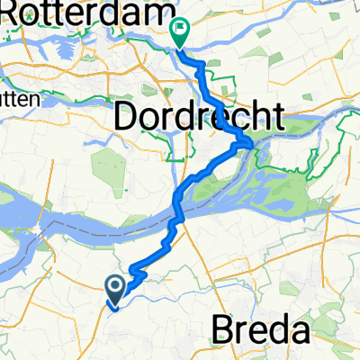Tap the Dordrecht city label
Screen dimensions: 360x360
pyautogui.click(x=200, y=116)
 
